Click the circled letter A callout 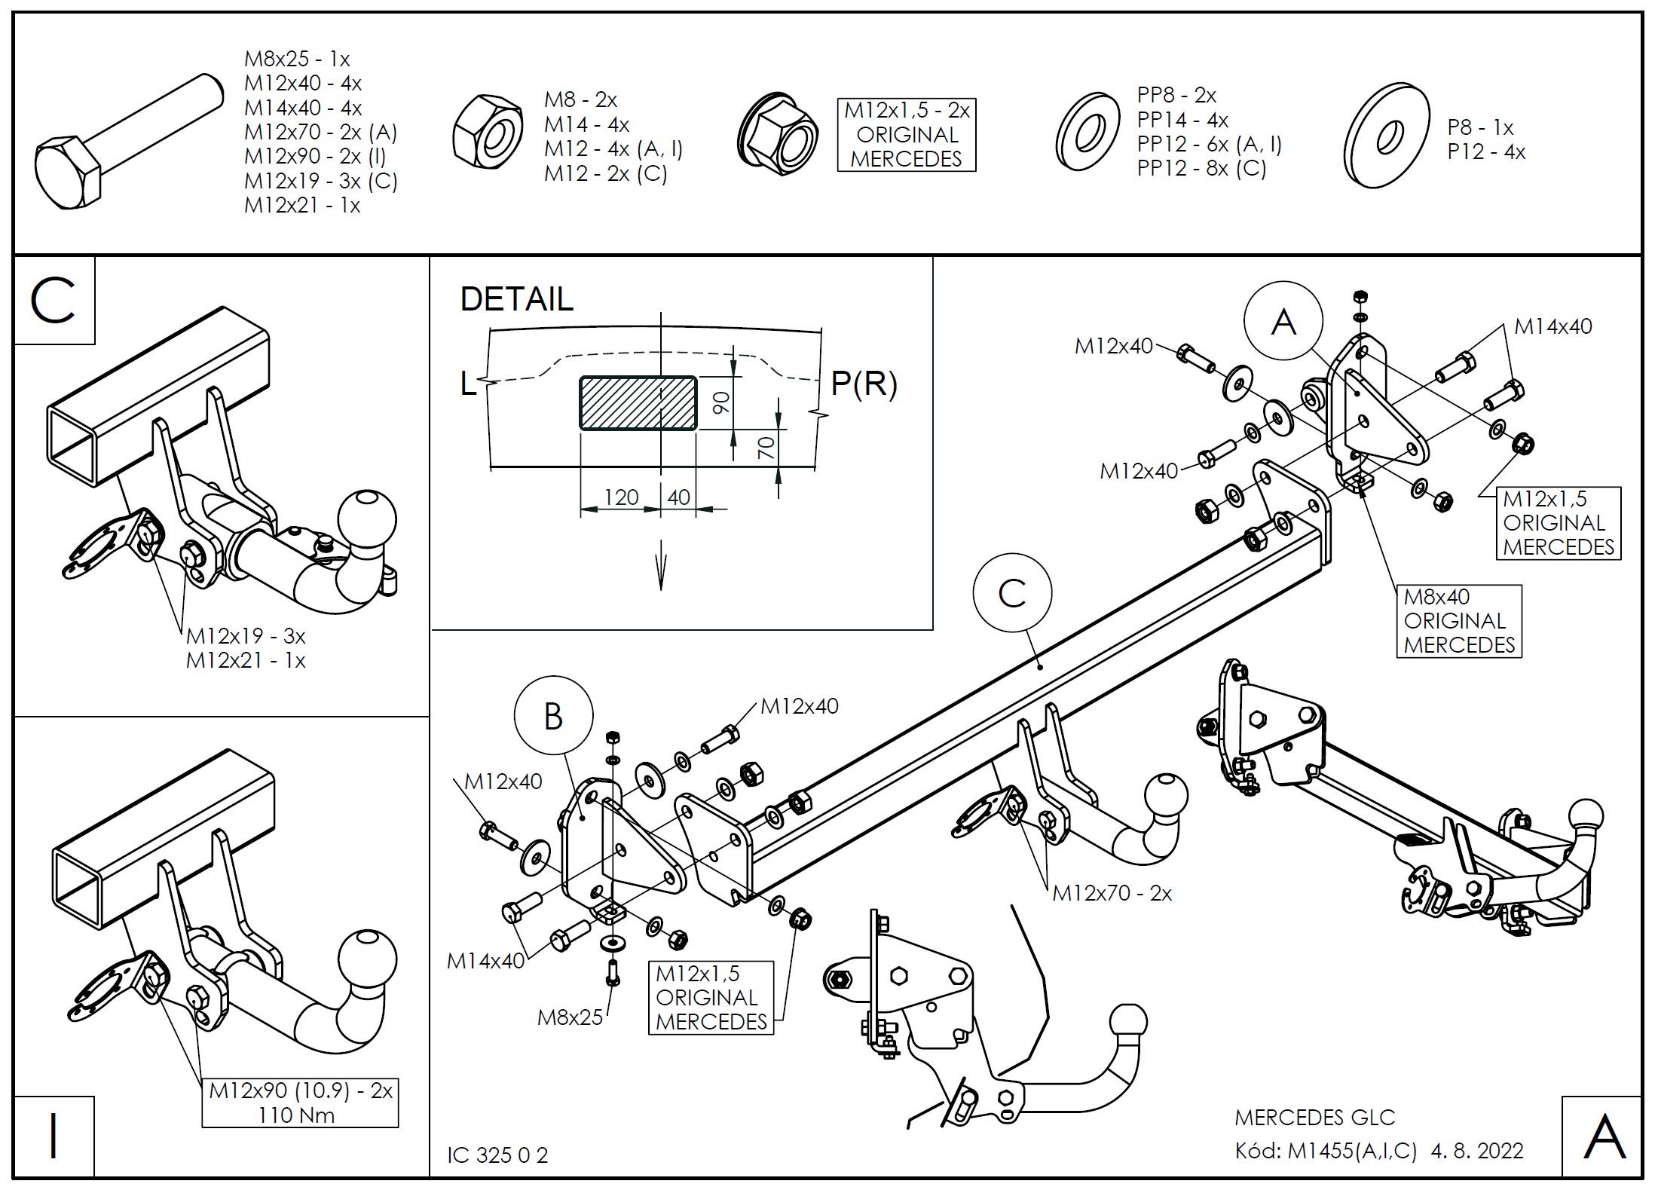pyautogui.click(x=1283, y=323)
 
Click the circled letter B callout pyautogui.click(x=553, y=715)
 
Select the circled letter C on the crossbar pyautogui.click(x=1011, y=593)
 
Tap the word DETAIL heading pyautogui.click(x=516, y=299)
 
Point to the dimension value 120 pyautogui.click(x=621, y=497)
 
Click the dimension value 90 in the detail pyautogui.click(x=721, y=402)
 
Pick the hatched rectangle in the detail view pyautogui.click(x=638, y=402)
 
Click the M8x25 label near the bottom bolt pyautogui.click(x=570, y=1017)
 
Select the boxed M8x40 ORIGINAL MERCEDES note pyautogui.click(x=1459, y=621)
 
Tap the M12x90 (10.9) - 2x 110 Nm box pyautogui.click(x=300, y=1103)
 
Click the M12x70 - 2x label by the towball pyautogui.click(x=1112, y=893)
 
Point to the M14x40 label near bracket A pyautogui.click(x=1553, y=326)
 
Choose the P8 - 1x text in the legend pyautogui.click(x=1480, y=127)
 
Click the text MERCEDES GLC pyautogui.click(x=1314, y=1117)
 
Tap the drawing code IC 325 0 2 pyautogui.click(x=497, y=1155)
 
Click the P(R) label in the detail pyautogui.click(x=864, y=384)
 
